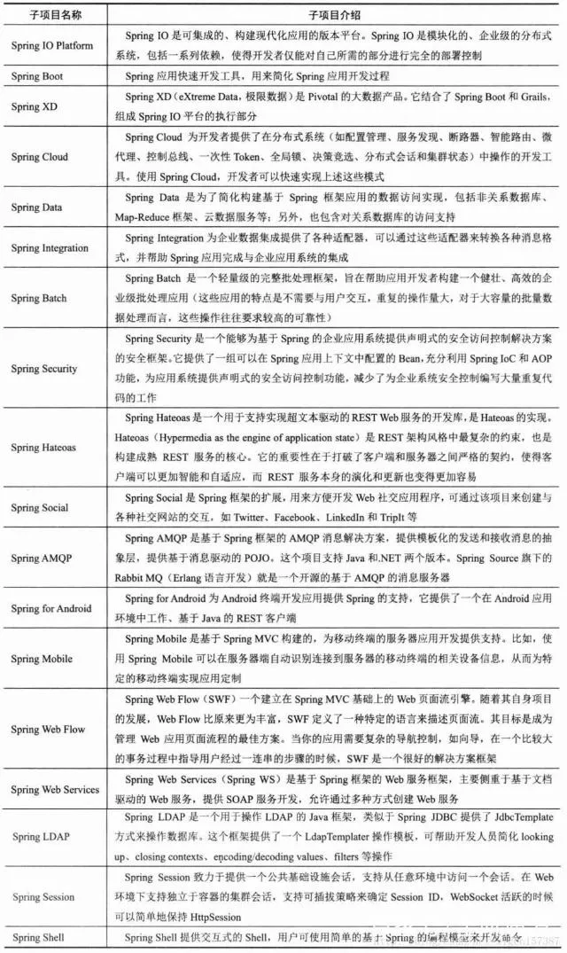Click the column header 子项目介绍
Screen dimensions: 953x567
coord(334,16)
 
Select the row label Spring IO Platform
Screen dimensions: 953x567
coord(52,45)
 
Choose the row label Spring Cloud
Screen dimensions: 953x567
coord(39,157)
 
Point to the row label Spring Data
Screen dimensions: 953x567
coord(37,207)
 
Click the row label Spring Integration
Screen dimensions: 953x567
coord(50,248)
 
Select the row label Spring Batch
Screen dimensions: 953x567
coord(39,299)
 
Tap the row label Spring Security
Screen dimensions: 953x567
coord(44,368)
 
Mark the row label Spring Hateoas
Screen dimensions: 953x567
coord(45,449)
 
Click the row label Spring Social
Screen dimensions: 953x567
coord(39,508)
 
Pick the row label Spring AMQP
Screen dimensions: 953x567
coord(42,559)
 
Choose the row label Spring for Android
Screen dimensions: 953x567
coord(51,609)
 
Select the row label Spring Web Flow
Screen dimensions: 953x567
coord(49,730)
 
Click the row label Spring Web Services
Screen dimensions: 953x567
coord(55,789)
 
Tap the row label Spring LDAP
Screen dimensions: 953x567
coord(40,836)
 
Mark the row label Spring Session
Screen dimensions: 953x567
coord(43,897)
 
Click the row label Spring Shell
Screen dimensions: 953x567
coord(40,938)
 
